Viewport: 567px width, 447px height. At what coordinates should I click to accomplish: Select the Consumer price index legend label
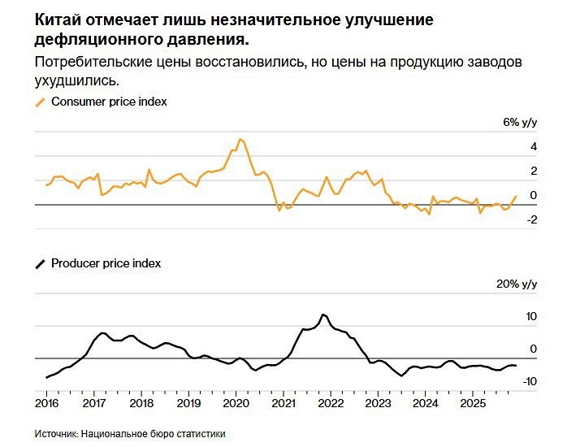pyautogui.click(x=109, y=102)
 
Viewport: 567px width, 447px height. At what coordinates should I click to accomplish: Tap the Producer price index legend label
pyautogui.click(x=106, y=263)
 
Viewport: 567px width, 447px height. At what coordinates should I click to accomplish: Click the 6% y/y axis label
pyautogui.click(x=520, y=123)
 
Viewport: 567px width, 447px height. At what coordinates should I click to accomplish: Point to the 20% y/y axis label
pyautogui.click(x=517, y=284)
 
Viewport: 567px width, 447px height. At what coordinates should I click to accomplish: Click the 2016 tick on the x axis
pyautogui.click(x=47, y=402)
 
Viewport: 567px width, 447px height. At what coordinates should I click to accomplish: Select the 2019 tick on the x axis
pyautogui.click(x=188, y=402)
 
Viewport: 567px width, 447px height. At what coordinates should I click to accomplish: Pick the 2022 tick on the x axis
pyautogui.click(x=331, y=402)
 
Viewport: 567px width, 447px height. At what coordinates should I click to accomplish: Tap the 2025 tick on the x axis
pyautogui.click(x=472, y=402)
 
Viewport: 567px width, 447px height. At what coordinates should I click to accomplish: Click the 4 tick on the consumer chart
pyautogui.click(x=533, y=147)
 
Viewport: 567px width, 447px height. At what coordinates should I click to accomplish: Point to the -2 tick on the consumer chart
pyautogui.click(x=530, y=219)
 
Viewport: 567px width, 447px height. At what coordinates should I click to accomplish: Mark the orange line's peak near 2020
pyautogui.click(x=240, y=139)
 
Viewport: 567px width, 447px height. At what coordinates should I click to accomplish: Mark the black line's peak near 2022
pyautogui.click(x=323, y=314)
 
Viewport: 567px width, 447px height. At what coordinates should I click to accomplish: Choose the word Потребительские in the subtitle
pyautogui.click(x=87, y=63)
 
